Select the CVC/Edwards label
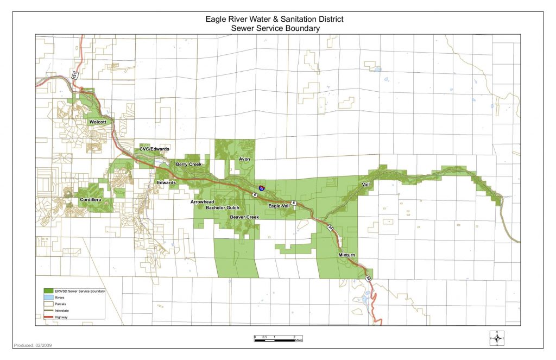154,149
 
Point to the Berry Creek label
188,164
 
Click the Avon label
244,159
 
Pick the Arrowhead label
203,202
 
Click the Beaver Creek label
244,217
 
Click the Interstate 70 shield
262,188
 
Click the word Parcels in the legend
61,304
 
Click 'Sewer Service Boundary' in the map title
274,28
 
